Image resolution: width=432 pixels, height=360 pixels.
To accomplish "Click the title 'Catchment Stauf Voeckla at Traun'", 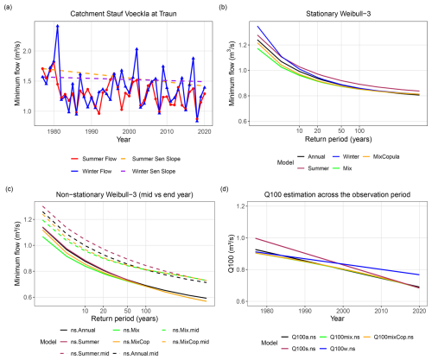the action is click(124, 14).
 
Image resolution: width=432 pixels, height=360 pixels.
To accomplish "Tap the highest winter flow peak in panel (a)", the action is click(58, 26).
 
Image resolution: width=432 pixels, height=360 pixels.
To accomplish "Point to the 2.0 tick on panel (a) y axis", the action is click(27, 51).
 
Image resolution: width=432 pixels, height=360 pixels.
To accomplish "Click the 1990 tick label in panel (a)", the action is click(92, 132).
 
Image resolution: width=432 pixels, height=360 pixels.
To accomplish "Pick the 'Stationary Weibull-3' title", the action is click(338, 14).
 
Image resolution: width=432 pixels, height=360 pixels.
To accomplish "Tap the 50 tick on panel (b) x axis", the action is click(341, 131).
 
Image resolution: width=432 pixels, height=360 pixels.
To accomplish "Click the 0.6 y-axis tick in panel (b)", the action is click(242, 122).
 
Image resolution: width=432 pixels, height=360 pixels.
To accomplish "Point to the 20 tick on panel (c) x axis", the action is click(103, 311).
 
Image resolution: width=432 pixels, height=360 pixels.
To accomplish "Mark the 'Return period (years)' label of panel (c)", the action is click(124, 319).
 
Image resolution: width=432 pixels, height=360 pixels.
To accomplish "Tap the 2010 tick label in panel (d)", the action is click(381, 311).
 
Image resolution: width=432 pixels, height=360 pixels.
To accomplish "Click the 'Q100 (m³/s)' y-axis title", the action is click(232, 254).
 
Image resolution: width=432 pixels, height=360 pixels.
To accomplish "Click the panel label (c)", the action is click(9, 189).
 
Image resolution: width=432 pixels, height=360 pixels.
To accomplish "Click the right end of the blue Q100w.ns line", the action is click(419, 275).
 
